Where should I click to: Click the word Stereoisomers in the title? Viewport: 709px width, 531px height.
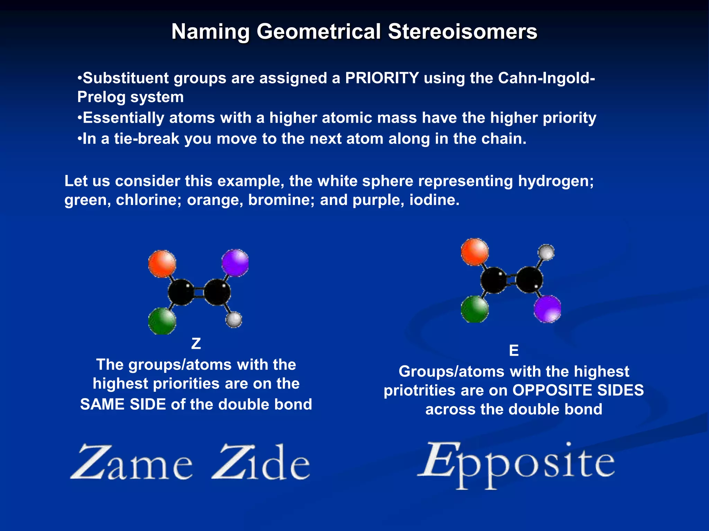coord(462,32)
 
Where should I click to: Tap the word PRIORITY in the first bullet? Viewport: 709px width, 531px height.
coord(382,78)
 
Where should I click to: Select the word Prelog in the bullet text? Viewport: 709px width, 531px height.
coord(101,97)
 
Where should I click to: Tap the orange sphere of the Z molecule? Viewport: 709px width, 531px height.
coord(162,264)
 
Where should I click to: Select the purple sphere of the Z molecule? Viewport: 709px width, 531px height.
coord(235,263)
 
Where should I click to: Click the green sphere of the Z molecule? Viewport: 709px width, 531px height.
coord(162,321)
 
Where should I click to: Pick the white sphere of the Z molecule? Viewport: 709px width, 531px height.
coord(234,319)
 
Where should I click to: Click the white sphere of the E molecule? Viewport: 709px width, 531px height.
coord(546,252)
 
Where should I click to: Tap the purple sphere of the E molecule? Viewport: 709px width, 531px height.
coord(547,309)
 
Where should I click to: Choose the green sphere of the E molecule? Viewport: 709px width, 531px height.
coord(475,309)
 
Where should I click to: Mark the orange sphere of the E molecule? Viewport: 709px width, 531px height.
coord(475,252)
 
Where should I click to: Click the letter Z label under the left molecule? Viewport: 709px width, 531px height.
coord(196,344)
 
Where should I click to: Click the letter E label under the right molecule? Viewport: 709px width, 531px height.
coord(514,351)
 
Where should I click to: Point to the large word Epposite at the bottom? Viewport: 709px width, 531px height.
coord(516,463)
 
